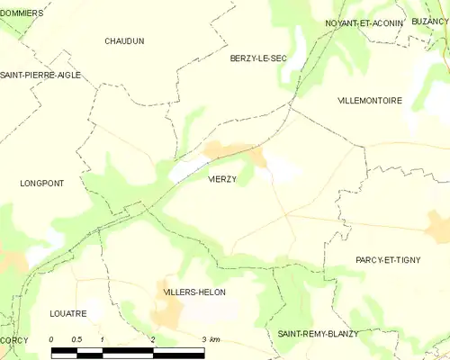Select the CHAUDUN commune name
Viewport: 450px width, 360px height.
tap(124, 41)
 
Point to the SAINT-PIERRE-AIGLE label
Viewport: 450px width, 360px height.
tap(40, 75)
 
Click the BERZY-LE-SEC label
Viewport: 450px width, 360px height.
tap(257, 58)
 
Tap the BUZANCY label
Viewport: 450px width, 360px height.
tap(430, 20)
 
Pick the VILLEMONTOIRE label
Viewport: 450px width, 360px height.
tap(370, 100)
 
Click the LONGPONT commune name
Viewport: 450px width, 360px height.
tap(41, 183)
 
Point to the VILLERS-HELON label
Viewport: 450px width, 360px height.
tap(194, 292)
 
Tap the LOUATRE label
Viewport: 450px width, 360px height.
tap(67, 314)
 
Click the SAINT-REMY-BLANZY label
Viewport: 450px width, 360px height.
tap(318, 334)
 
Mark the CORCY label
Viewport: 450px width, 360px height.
tap(13, 340)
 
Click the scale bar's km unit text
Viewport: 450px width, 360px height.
tap(215, 339)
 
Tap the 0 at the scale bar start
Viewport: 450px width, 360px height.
tap(52, 339)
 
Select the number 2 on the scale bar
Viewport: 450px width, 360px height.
tap(154, 339)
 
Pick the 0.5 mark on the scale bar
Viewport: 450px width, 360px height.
tap(77, 339)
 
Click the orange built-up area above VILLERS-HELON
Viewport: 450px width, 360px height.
tap(167, 311)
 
